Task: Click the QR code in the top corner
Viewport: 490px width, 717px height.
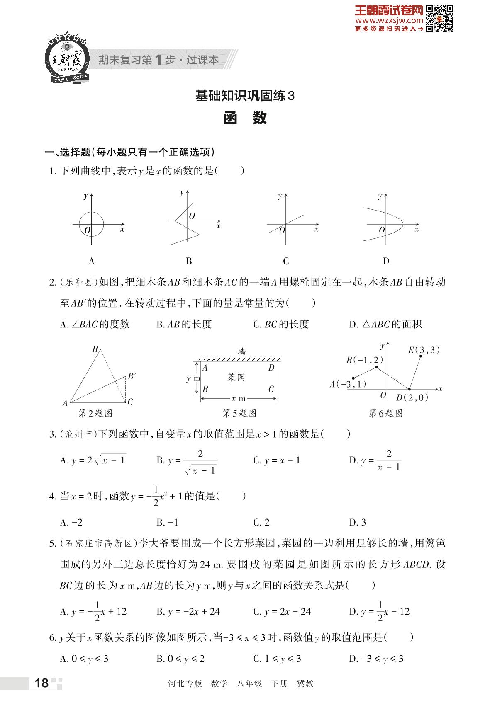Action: click(440, 18)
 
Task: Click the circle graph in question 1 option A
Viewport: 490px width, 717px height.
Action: click(91, 224)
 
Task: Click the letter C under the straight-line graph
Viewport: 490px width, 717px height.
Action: click(286, 262)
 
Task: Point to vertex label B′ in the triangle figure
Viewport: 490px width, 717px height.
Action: click(132, 376)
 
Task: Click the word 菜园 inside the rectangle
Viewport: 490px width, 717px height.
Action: click(236, 377)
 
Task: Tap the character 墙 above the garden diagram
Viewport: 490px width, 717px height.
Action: click(241, 352)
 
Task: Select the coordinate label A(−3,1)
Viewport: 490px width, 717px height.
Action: click(348, 384)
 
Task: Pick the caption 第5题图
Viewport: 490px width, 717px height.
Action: click(239, 413)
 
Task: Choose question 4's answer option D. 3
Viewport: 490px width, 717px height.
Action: click(358, 522)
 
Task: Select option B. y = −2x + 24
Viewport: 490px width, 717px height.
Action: click(188, 611)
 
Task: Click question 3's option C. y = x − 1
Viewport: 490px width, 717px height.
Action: click(276, 460)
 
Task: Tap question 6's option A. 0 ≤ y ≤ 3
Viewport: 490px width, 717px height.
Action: click(84, 659)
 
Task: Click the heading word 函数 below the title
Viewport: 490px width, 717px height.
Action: click(245, 119)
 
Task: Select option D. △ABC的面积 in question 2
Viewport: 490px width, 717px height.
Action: click(385, 324)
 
